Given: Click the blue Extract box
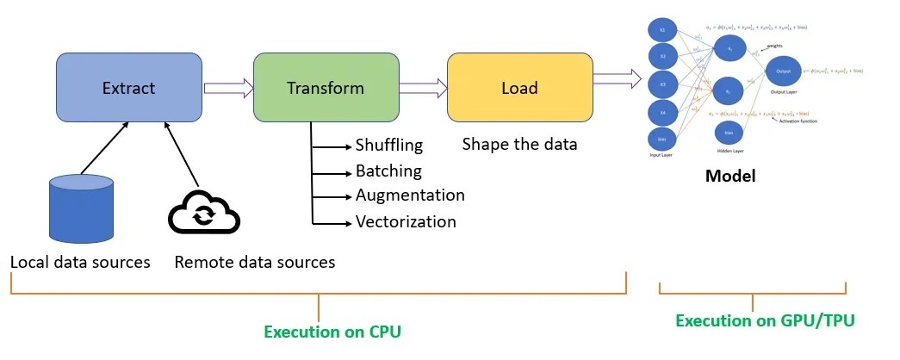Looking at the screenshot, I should point(129,88).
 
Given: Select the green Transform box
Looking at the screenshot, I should point(326,88).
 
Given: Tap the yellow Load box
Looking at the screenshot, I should point(519,88).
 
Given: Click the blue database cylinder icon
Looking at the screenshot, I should point(82,208).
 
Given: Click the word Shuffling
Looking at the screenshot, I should point(389,145).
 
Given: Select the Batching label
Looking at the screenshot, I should point(388,171).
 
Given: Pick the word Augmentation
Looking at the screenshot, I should point(410,196).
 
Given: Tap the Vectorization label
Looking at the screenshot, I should point(406,221).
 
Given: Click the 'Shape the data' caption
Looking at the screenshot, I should point(519,144).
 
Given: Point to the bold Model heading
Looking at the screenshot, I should point(729,176).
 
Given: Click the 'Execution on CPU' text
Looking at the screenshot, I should point(332,332).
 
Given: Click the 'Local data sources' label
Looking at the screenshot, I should point(80,261).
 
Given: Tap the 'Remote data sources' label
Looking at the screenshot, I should point(255,261).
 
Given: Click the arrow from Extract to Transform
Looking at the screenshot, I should point(228,87).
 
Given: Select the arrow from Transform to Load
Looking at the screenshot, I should point(423,87).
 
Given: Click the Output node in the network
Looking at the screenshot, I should point(783,71).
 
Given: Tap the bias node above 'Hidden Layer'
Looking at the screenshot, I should point(728,133).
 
